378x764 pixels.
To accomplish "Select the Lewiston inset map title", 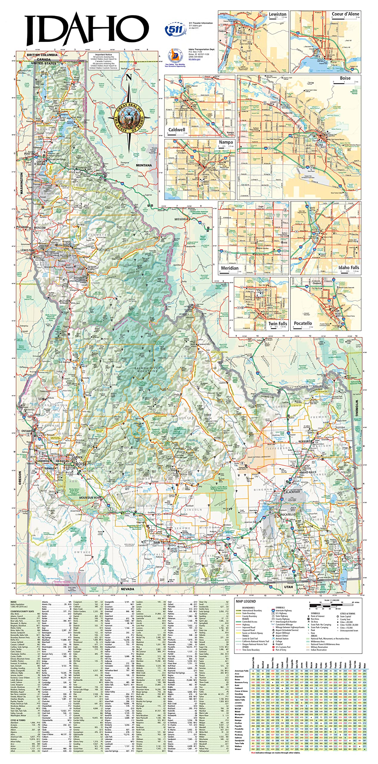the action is pos(277,14).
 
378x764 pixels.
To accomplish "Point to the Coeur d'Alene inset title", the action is pos(345,14).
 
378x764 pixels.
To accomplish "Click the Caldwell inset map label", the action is pos(177,130).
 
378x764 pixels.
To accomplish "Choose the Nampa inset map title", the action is pos(226,142).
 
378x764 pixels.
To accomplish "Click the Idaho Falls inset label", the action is pos(348,267).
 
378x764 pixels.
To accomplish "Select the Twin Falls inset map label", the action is pos(277,324).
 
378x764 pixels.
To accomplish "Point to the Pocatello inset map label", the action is pos(303,323).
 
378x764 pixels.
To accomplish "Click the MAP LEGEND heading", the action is pos(246,601).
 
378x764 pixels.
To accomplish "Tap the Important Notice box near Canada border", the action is pos(103,61).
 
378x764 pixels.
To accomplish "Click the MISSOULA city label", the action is pos(181,219).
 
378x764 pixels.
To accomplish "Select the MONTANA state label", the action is pos(144,165).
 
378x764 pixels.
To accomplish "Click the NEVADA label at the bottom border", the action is pos(127,589).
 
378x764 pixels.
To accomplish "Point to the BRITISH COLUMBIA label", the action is pos(42,55).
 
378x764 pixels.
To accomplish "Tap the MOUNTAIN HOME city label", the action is pos(90,498).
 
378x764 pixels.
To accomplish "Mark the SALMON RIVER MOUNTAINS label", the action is pos(147,369).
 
